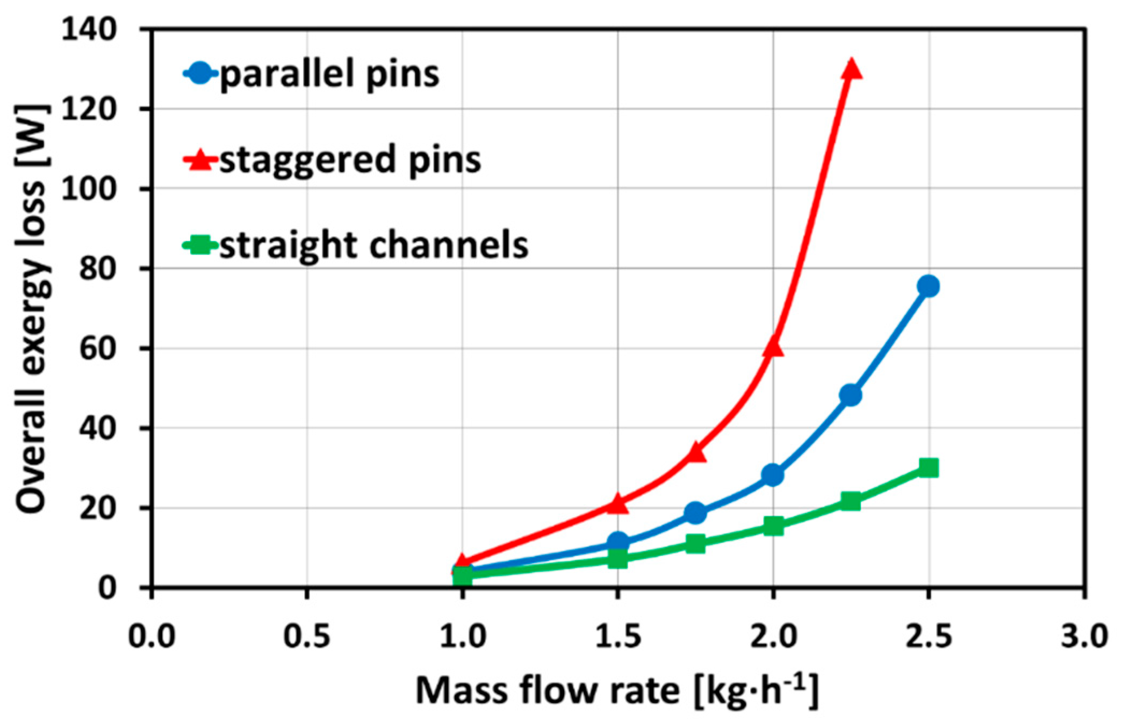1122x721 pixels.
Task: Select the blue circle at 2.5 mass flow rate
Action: pos(928,286)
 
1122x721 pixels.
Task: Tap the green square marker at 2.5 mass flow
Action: pos(928,468)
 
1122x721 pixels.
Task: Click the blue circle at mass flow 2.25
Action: pos(850,395)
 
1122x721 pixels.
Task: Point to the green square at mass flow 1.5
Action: pos(617,558)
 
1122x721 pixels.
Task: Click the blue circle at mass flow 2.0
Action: pos(773,475)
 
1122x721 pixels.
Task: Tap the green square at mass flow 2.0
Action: pos(773,525)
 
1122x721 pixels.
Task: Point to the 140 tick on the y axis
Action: pos(89,30)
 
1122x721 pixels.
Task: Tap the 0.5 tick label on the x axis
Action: pos(307,637)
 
